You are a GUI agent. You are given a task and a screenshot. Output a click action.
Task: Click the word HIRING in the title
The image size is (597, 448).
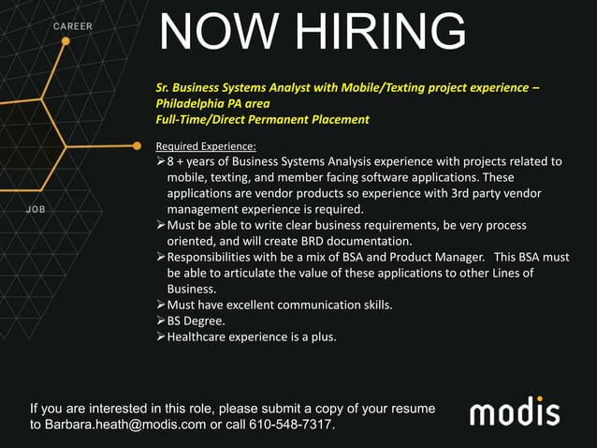(379, 33)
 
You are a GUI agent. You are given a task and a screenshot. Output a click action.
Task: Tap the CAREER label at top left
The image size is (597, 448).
(73, 26)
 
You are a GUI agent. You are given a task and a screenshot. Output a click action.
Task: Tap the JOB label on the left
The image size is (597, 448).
(36, 210)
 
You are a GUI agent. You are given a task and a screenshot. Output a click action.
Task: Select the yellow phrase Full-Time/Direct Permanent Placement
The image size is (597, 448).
(262, 119)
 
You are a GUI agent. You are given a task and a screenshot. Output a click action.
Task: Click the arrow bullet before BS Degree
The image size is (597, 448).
(160, 321)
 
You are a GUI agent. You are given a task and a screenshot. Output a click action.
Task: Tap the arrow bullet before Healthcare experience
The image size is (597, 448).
(160, 336)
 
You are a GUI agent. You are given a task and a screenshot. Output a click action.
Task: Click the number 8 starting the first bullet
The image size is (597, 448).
(171, 161)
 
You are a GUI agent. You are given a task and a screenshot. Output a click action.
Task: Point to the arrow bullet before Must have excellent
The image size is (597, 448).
(160, 305)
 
